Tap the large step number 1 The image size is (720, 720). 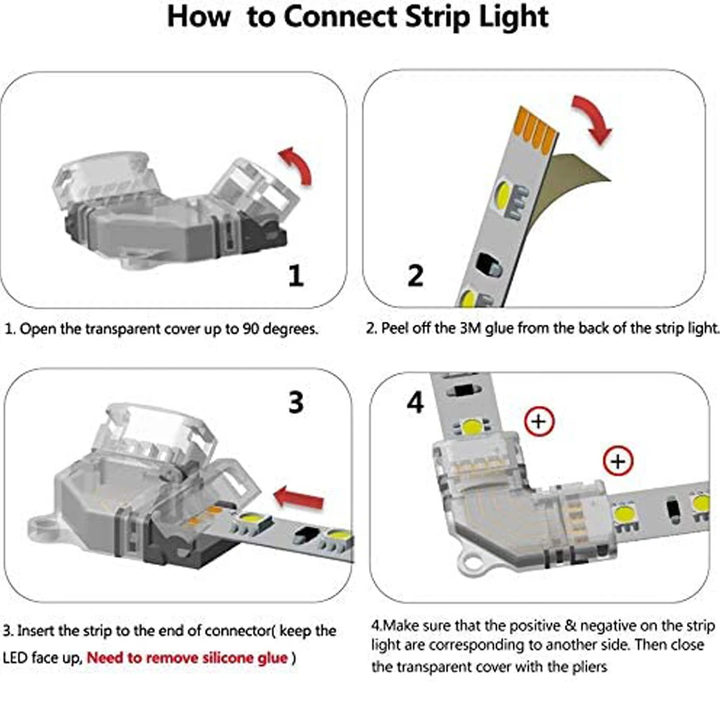pyautogui.click(x=295, y=275)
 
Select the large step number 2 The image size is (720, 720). pyautogui.click(x=415, y=275)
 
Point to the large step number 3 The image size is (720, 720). pyautogui.click(x=295, y=402)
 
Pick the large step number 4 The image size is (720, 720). pyautogui.click(x=415, y=403)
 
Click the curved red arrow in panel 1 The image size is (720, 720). pyautogui.click(x=297, y=165)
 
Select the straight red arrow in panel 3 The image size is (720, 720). pyautogui.click(x=300, y=496)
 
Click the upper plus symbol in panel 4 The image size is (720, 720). pyautogui.click(x=537, y=422)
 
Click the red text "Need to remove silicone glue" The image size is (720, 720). pyautogui.click(x=187, y=657)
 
